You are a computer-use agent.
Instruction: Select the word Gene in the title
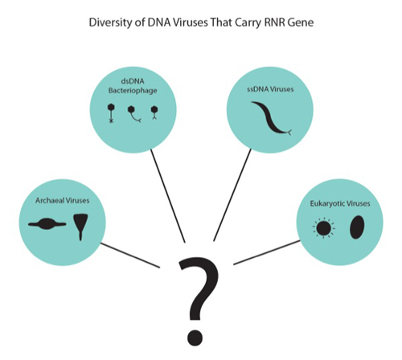[x=301, y=22]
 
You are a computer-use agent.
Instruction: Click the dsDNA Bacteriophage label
[x=133, y=86]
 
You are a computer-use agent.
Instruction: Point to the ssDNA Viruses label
[x=270, y=89]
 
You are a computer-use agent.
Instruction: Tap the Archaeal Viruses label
[x=63, y=200]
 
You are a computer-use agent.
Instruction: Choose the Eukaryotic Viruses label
[x=340, y=203]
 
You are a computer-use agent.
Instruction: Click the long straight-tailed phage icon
[x=111, y=113]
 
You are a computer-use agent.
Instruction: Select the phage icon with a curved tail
[x=134, y=114]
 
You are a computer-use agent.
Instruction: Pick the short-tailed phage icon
[x=154, y=112]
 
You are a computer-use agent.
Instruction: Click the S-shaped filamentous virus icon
[x=271, y=118]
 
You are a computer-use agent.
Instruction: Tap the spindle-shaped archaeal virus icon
[x=47, y=224]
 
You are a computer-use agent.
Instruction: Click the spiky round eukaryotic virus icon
[x=323, y=228]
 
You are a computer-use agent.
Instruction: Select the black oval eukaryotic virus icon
[x=357, y=227]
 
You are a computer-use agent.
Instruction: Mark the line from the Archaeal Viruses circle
[x=130, y=255]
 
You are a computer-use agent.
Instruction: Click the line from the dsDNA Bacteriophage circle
[x=168, y=196]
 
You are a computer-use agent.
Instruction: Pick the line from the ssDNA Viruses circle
[x=232, y=195]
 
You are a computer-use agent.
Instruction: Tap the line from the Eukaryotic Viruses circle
[x=267, y=252]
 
